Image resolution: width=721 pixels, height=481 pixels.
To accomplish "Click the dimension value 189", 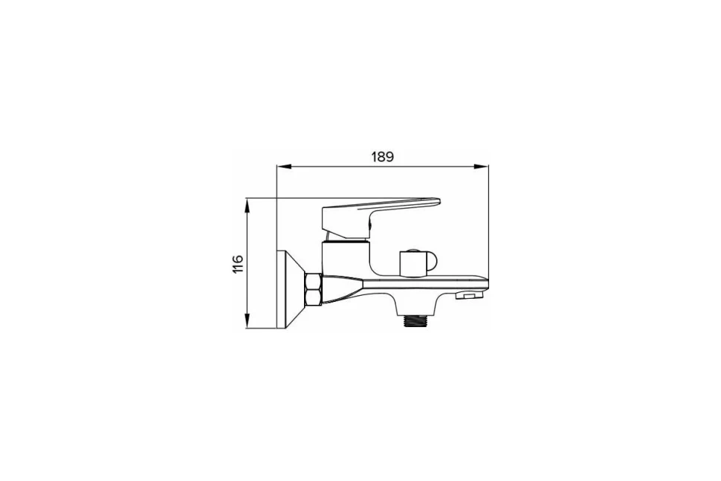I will pos(382,157).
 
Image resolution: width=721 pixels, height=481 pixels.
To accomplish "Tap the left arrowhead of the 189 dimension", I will pos(280,167).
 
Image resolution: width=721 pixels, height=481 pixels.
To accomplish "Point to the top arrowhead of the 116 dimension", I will pos(247,202).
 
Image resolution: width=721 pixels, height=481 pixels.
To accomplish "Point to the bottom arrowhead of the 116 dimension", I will pos(247,324).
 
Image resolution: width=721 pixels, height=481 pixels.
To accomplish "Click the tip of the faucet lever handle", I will pos(438,201).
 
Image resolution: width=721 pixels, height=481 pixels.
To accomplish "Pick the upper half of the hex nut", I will pos(314,282).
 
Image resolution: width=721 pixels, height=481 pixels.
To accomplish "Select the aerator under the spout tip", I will pos(467,296).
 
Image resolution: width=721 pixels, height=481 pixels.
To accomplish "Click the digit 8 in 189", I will pos(382,157).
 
